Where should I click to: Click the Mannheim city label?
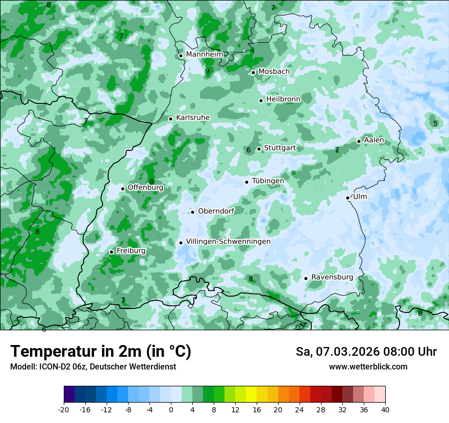click(x=204, y=54)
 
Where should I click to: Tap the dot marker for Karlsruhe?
click(x=171, y=119)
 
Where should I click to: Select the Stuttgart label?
click(x=280, y=148)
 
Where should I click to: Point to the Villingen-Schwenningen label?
click(x=228, y=242)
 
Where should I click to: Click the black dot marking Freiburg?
click(x=111, y=252)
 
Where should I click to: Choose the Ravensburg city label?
click(x=332, y=277)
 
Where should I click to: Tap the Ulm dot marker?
click(x=347, y=198)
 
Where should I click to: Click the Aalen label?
click(x=374, y=140)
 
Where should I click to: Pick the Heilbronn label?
click(x=283, y=99)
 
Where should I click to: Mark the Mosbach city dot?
click(x=253, y=72)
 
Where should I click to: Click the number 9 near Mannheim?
click(x=207, y=71)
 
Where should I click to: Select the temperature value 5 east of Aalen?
click(x=435, y=123)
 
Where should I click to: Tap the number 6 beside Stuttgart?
click(x=248, y=150)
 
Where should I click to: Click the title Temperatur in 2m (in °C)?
click(x=101, y=351)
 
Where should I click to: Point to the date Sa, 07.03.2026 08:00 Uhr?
click(x=366, y=352)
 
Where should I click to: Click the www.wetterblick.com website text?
click(x=368, y=367)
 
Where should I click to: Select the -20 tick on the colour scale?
click(x=64, y=409)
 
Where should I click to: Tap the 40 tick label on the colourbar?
click(x=385, y=409)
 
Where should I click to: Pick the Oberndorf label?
click(x=216, y=211)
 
